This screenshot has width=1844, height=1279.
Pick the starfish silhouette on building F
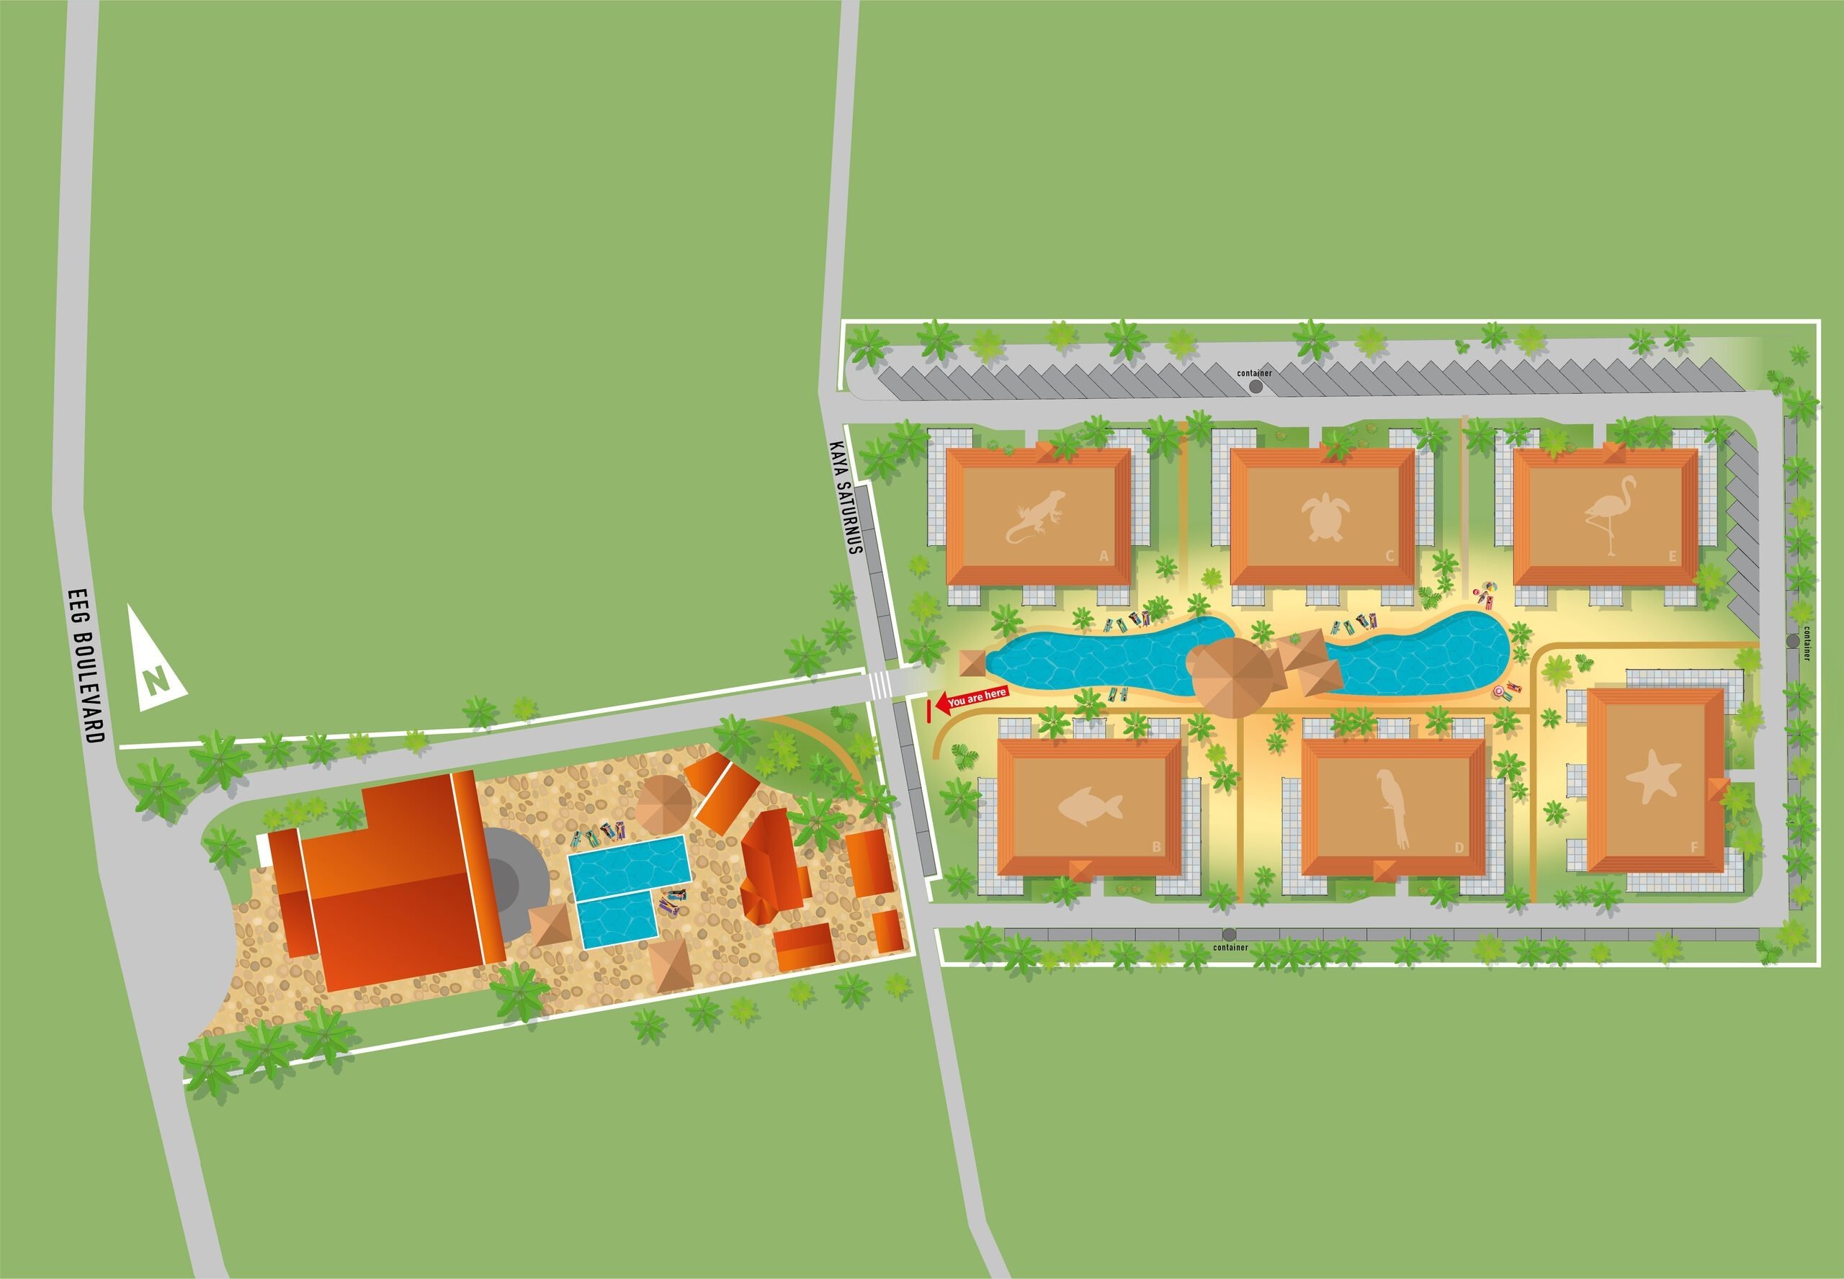point(1654,776)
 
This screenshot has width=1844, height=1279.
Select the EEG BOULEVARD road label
point(86,666)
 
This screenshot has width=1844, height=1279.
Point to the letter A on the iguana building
point(1104,556)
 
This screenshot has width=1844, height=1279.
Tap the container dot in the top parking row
point(1256,386)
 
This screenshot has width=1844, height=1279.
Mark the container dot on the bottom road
point(1229,935)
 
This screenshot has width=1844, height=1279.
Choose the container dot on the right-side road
point(1792,641)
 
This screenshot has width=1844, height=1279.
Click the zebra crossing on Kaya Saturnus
point(880,684)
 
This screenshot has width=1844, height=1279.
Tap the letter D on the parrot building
point(1459,847)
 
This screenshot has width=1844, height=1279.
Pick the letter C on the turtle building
point(1389,556)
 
